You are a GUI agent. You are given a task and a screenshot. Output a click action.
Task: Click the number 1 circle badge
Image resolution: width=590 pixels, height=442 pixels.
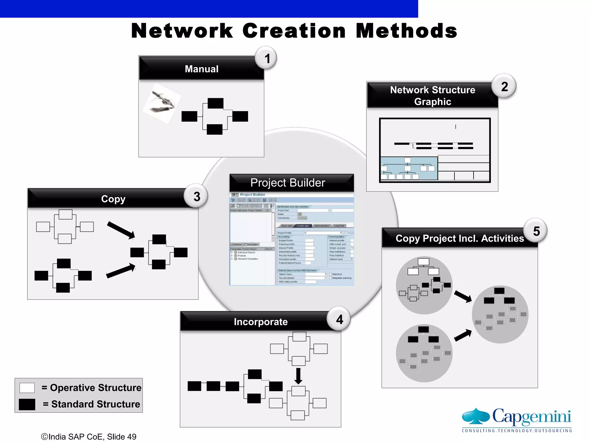tap(267, 58)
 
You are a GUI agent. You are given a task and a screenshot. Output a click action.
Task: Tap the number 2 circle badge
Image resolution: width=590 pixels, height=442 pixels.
tap(504, 86)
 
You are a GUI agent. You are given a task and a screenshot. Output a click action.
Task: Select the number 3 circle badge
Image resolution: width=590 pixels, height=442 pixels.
tap(196, 197)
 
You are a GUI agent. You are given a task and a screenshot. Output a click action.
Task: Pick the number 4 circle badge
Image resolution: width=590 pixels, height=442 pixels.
tap(339, 319)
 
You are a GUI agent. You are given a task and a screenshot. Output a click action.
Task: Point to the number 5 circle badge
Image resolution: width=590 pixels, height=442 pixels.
tap(536, 231)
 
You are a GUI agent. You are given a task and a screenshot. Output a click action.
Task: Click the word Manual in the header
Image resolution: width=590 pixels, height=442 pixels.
tap(201, 69)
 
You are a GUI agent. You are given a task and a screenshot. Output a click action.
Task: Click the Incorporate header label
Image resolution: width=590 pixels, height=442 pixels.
tap(260, 322)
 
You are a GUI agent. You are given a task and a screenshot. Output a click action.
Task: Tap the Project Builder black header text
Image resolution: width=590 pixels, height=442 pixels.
tap(288, 183)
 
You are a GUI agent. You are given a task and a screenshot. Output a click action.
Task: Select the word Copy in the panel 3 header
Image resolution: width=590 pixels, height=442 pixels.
tap(113, 199)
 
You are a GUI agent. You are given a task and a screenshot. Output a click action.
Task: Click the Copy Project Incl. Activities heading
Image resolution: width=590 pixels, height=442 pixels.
tap(459, 238)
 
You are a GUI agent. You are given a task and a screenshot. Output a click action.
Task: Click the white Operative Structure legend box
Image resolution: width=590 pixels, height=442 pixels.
tap(27, 388)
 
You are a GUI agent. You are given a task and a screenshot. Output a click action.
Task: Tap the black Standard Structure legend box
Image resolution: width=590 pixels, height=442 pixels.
tap(27, 404)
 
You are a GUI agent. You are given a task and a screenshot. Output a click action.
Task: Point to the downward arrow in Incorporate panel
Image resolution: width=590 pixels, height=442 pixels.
tap(298, 376)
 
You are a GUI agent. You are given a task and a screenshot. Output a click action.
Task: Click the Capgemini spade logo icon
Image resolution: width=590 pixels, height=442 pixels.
tap(476, 416)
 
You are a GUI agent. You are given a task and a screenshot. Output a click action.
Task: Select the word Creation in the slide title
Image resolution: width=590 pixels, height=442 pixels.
tap(294, 31)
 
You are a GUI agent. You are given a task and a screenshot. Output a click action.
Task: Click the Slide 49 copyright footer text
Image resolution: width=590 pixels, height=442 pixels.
tap(89, 437)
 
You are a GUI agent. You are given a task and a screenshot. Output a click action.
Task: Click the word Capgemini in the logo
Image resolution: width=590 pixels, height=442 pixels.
tap(532, 417)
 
